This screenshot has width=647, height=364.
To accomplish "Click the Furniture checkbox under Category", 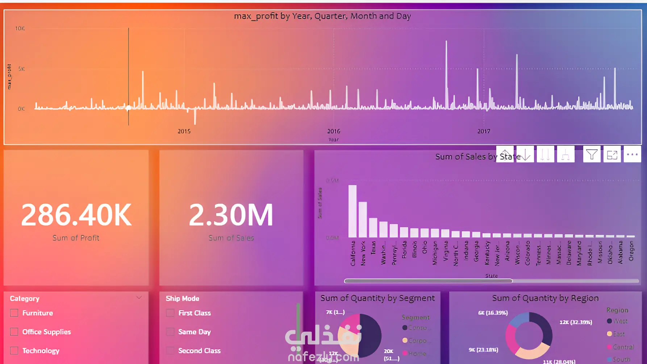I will pos(14,313).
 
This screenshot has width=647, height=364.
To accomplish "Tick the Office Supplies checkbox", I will pos(14,332).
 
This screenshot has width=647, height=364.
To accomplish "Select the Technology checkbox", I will pos(14,351).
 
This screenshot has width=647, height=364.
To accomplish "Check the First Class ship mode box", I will pos(170,313).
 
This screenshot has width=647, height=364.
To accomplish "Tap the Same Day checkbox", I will pos(170,332).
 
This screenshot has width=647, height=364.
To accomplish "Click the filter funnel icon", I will pos(592,155).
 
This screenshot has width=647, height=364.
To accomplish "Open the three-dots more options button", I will pos(632,155).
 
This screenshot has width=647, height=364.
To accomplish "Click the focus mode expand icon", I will pos(612,155).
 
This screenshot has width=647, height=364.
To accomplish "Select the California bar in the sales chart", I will pos(352,211).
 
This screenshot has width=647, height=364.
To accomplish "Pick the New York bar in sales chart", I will pos(363,219).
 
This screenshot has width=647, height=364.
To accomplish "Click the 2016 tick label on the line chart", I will pos(334,131).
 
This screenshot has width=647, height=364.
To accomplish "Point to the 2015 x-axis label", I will pos(184,131).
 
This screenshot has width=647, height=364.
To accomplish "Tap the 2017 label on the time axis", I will pos(484,131).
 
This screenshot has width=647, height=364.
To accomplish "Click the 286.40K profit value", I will pos(76,215).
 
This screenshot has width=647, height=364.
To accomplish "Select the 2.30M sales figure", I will pos(231,215).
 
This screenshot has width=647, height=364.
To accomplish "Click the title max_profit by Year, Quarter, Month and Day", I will pos(322,16).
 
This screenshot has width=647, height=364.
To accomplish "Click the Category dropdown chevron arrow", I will pos(139,298).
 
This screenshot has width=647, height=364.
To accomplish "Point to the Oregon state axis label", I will pos(631,251).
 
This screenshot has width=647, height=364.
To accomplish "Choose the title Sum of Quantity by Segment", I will pos(377,298).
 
